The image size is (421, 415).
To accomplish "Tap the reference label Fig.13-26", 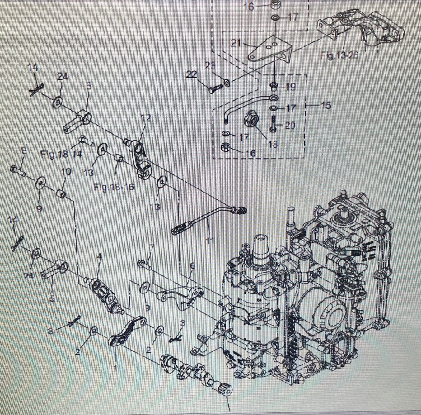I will click(x=339, y=55).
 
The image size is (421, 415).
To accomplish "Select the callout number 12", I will click(x=146, y=118).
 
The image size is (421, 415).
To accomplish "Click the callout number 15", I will click(x=325, y=106).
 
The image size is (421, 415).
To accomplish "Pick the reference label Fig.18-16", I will click(x=114, y=187).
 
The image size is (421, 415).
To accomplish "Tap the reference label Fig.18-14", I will click(x=61, y=154).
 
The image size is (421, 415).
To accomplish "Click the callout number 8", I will click(x=24, y=151).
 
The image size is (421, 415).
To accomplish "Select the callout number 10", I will click(x=66, y=172).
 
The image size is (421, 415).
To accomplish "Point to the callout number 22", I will click(x=192, y=74).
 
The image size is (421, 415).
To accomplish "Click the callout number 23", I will click(x=210, y=66).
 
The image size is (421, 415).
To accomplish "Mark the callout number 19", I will click(x=290, y=87).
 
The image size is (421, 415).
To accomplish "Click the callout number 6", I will click(x=192, y=266).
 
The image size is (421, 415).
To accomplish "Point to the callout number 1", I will click(x=115, y=368).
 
